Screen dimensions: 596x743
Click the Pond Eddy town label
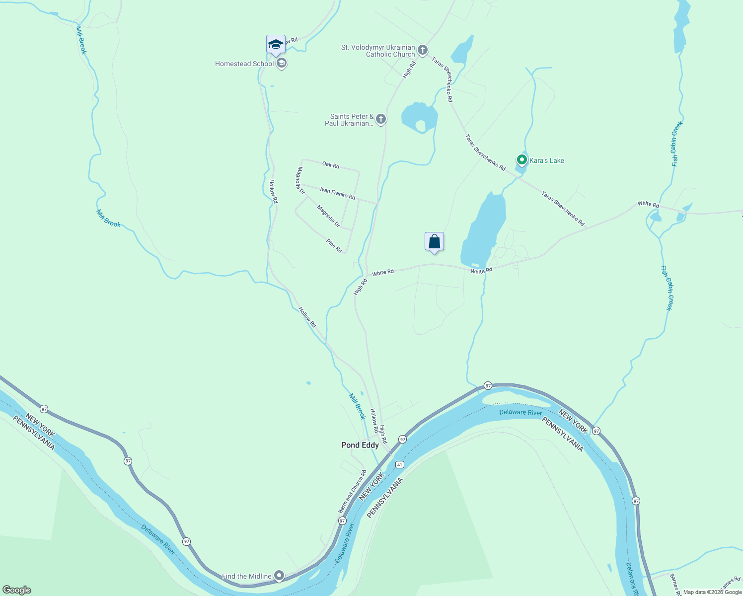[x=360, y=445]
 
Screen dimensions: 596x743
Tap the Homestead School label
[x=244, y=64]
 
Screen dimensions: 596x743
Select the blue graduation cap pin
[x=276, y=44]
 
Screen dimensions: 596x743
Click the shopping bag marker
[x=434, y=242]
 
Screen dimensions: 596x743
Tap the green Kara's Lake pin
[x=521, y=160]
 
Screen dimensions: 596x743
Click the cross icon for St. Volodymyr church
[x=422, y=50]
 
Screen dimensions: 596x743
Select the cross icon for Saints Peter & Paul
[x=381, y=119]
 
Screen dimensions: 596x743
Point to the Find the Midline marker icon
[x=279, y=576]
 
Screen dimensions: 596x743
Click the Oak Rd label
[x=331, y=164]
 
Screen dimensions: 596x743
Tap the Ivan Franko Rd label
[x=338, y=193]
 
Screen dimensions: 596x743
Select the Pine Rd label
[x=334, y=245]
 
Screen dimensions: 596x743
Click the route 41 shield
[x=400, y=464]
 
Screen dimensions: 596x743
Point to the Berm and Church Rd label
[x=352, y=492]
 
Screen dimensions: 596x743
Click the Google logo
[x=17, y=590]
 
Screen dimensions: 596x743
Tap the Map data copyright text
[x=712, y=592]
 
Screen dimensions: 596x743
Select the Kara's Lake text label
[x=547, y=160]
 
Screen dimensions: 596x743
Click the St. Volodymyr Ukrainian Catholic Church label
[x=378, y=51]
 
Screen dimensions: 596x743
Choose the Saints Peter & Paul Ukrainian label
[x=350, y=120]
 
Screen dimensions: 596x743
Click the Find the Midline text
[x=246, y=576]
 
